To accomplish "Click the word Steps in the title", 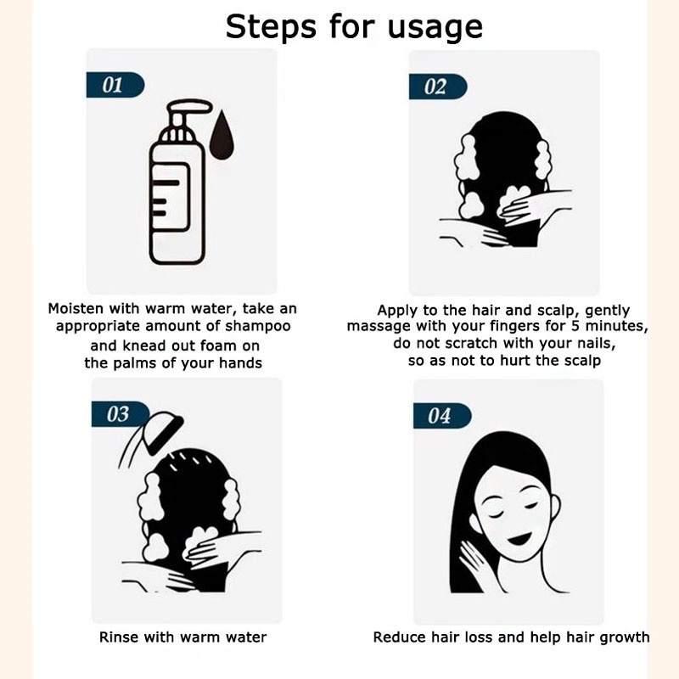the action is coord(271,27).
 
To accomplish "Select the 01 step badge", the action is coord(115,85).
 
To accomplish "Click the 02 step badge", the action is coord(438,87).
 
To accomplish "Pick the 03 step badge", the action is coord(120,414).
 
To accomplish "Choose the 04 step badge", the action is coord(442,416).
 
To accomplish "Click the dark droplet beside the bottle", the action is coord(222,135).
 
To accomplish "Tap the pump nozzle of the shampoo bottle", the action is coord(189,107).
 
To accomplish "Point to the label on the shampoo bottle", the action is coord(171,198).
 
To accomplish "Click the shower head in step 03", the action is coord(165,432).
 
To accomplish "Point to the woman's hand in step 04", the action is coord(474,561).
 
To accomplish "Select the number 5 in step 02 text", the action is coord(575,326).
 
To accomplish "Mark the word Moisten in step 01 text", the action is coord(76,308).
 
